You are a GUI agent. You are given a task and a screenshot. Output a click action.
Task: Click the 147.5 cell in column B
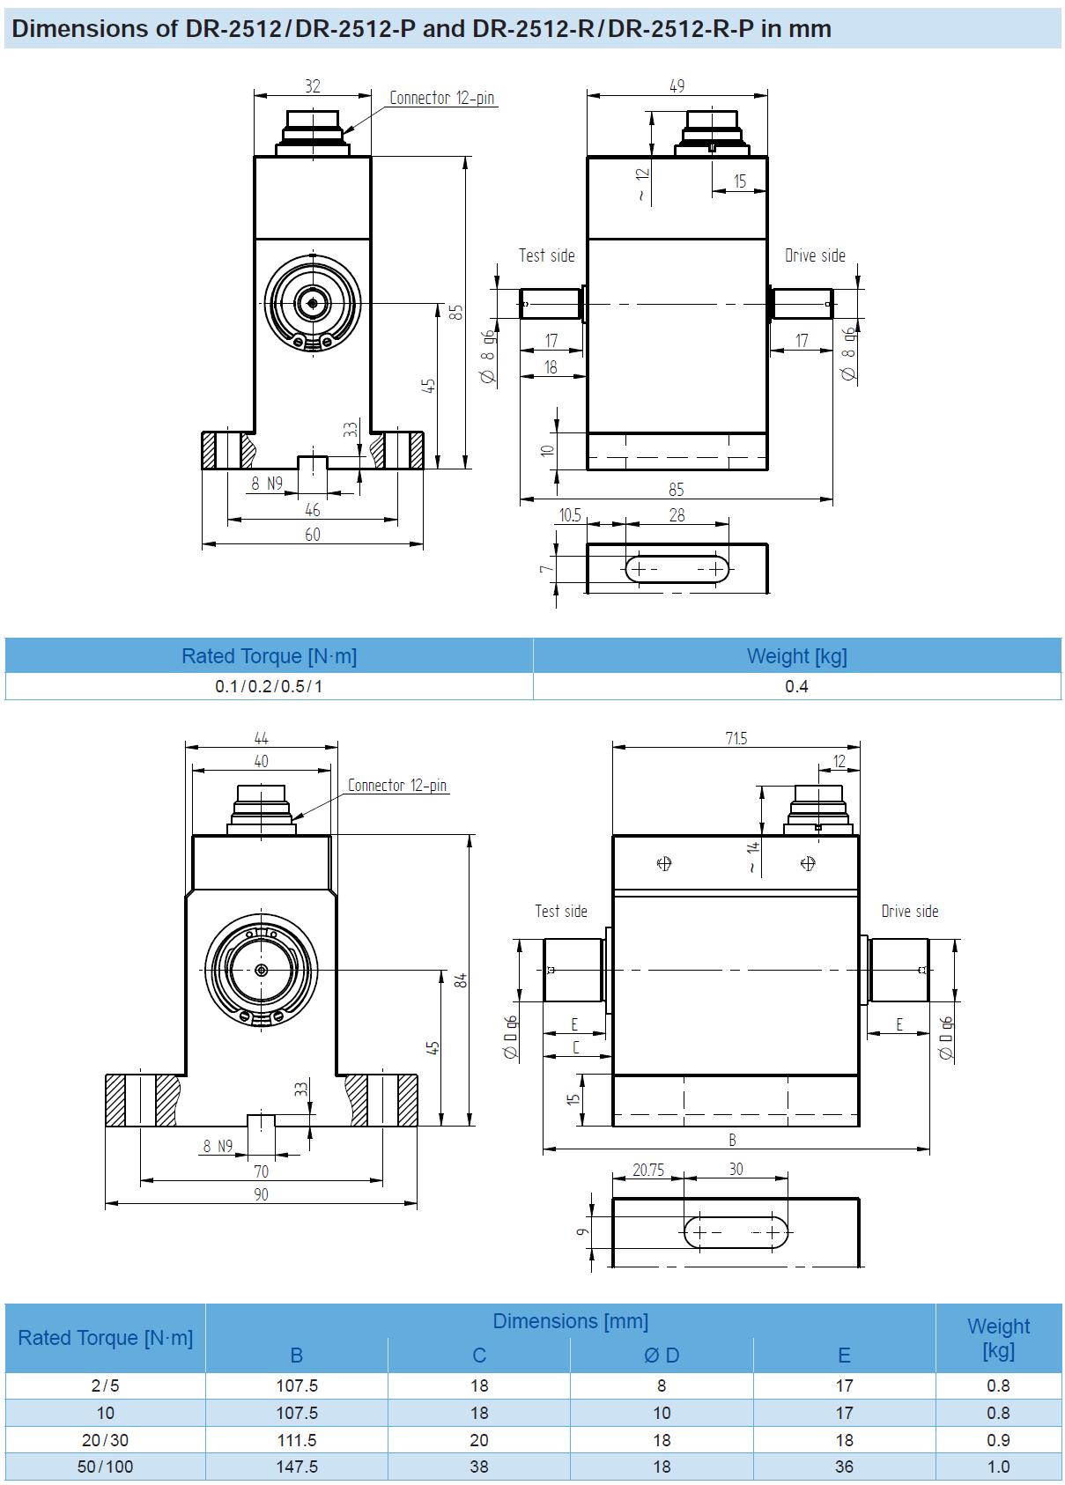297,1467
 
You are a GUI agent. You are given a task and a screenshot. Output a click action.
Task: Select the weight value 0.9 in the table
998,1440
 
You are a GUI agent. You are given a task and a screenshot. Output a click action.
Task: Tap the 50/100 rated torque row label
105,1467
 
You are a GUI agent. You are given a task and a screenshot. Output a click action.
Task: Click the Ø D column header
662,1356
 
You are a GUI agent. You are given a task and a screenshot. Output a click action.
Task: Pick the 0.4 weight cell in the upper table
796,686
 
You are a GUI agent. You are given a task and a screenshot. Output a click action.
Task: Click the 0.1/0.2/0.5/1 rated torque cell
269,686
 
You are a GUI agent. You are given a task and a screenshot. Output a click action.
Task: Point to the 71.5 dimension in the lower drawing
736,738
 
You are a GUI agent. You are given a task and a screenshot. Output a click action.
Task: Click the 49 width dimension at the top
677,86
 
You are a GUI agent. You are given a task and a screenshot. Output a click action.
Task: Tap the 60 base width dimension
313,535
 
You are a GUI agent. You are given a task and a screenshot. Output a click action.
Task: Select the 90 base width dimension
261,1194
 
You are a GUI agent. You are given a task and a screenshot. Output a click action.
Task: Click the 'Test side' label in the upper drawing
546,255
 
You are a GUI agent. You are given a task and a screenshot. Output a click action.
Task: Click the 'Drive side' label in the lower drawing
910,912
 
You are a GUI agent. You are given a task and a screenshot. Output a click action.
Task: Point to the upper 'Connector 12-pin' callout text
442,98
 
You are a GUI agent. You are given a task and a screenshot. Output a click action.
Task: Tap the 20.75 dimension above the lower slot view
648,1170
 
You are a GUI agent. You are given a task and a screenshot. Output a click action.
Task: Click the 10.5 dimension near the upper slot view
570,515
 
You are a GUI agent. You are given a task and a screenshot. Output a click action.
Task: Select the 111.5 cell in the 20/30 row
297,1440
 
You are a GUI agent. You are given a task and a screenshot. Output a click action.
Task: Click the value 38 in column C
479,1467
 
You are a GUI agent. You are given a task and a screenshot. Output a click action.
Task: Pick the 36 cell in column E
844,1467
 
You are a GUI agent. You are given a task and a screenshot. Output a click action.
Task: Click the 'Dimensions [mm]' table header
570,1321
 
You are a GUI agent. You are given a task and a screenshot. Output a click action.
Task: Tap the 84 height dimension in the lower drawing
461,980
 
